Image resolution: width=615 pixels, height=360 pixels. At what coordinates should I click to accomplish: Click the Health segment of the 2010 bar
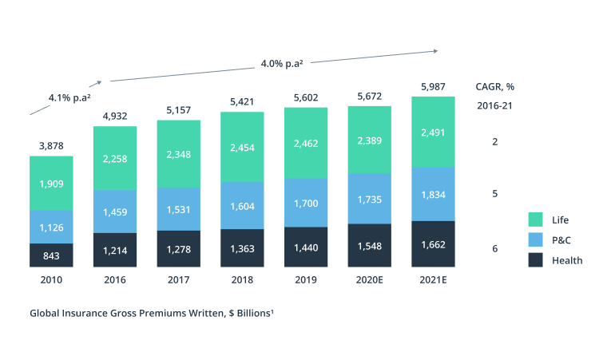click(51, 255)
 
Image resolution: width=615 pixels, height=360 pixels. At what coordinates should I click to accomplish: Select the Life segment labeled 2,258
click(115, 158)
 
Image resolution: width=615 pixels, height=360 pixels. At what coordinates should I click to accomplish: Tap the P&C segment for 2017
click(178, 210)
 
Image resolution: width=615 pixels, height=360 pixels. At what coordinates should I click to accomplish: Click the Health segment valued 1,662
click(433, 244)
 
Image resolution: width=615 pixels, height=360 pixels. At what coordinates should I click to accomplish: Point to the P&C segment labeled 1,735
click(369, 199)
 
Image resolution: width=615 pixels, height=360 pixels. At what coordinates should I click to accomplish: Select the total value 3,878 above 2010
click(51, 145)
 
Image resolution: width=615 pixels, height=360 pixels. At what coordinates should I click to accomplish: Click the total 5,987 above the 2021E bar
click(433, 86)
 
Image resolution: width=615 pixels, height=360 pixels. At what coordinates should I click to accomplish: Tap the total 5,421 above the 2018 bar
click(242, 101)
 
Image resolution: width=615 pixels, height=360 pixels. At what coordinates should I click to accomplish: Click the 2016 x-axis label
click(115, 280)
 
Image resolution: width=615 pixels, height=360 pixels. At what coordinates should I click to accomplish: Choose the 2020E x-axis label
click(369, 280)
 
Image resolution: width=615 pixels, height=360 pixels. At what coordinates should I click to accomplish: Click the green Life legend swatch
click(537, 220)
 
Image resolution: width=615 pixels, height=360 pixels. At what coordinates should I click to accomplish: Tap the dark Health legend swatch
click(537, 260)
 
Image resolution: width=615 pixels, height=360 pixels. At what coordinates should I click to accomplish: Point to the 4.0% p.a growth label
click(282, 62)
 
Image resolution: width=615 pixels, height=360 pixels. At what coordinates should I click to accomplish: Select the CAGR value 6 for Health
click(495, 249)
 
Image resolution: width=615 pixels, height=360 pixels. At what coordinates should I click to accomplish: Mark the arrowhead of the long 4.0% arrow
click(435, 51)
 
